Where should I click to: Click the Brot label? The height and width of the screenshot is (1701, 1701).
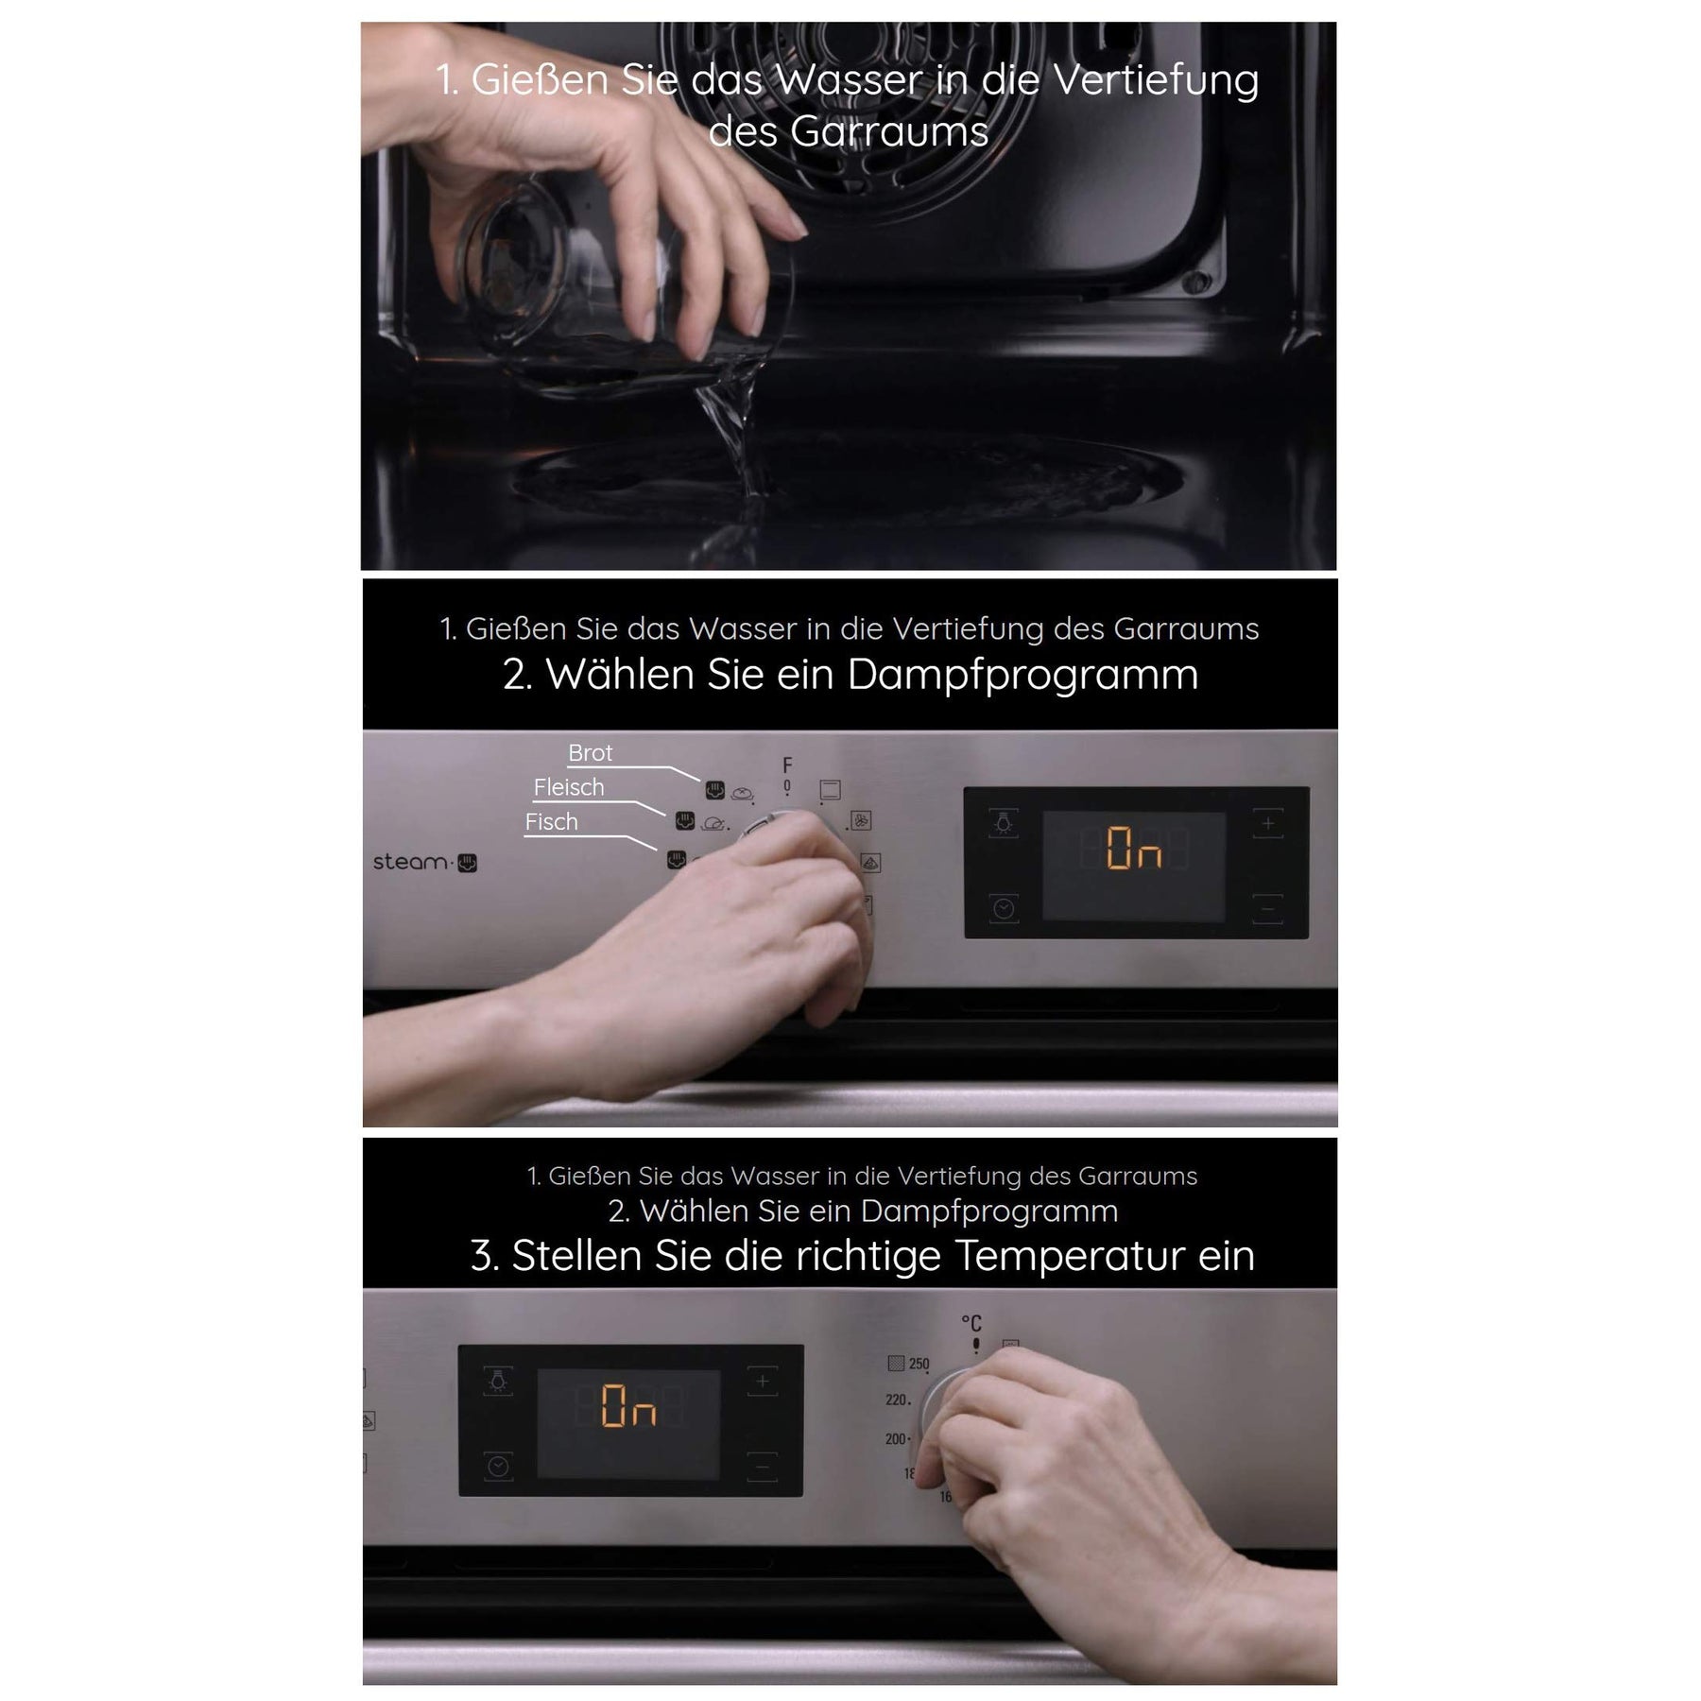590,753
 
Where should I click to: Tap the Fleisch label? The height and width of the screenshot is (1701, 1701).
568,787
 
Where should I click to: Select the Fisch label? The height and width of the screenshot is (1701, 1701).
551,822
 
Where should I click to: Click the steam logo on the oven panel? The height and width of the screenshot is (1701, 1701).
424,862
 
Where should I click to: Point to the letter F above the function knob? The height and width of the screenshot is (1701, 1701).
787,765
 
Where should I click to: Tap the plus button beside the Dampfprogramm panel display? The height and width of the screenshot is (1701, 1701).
1268,824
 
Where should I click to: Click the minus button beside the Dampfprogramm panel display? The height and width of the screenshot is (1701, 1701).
1268,909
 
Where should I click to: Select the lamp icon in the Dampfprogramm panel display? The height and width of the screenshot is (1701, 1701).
1004,824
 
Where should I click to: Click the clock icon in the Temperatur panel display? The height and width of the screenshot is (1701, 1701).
499,1466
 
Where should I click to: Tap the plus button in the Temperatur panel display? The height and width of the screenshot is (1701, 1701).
763,1382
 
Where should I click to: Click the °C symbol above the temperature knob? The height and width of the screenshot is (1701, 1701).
971,1323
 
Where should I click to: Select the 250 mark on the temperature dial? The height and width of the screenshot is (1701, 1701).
919,1364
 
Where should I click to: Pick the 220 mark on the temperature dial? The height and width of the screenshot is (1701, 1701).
897,1400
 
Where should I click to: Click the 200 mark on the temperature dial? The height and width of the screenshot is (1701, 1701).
896,1438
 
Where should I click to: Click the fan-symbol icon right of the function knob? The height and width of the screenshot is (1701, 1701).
861,820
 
